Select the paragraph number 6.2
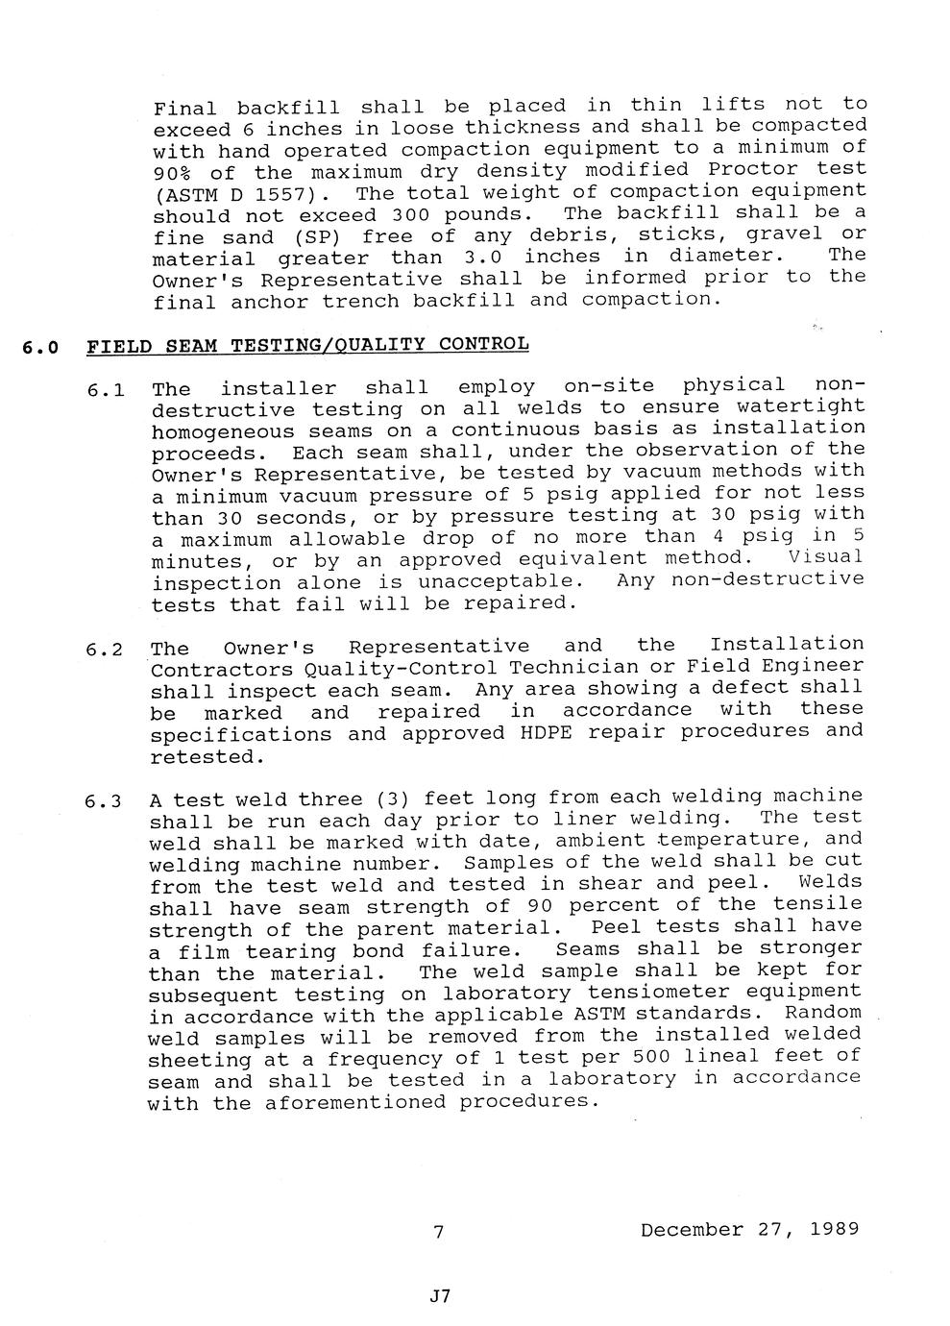(x=103, y=650)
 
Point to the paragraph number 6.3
(x=102, y=801)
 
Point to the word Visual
(x=824, y=557)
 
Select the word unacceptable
(x=499, y=581)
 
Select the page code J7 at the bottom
(x=440, y=1296)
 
